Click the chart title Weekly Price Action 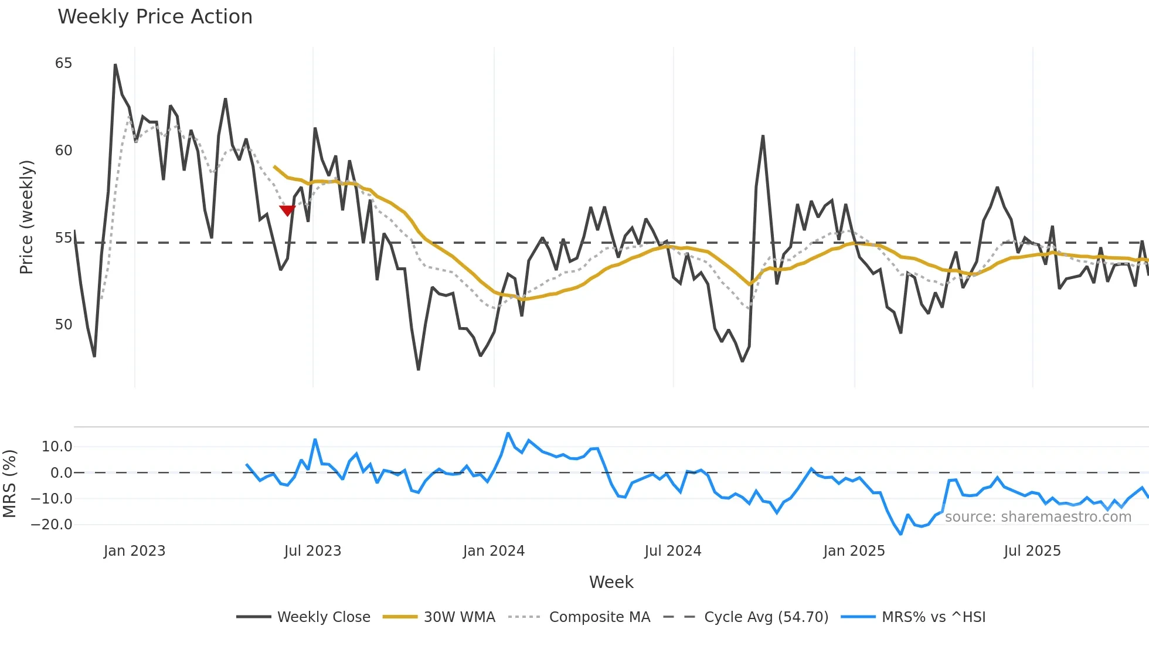[155, 17]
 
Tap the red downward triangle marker [287, 210]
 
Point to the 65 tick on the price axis [63, 63]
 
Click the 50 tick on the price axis [63, 325]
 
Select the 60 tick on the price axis [63, 151]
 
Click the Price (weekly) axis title [27, 217]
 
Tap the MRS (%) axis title [9, 484]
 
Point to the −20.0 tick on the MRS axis [52, 525]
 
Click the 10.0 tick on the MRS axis [56, 447]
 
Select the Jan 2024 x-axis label [494, 551]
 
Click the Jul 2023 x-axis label [312, 551]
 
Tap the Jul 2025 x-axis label [1032, 551]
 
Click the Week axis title [611, 582]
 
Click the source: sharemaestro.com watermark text [1038, 517]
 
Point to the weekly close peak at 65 [115, 65]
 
